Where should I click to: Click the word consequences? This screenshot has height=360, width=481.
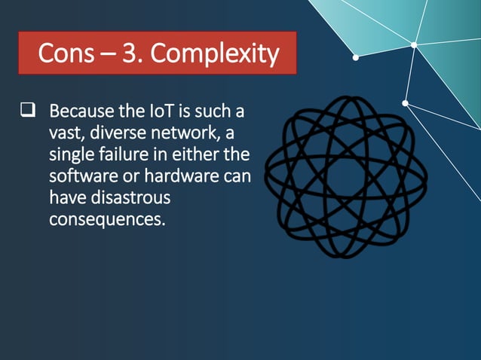coord(106,220)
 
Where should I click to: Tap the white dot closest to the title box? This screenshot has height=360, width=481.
coord(356,56)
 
